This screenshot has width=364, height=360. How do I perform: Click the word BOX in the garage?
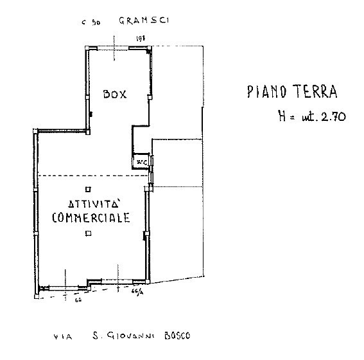[x=116, y=94]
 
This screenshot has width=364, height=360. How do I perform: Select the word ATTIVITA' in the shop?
[x=89, y=203]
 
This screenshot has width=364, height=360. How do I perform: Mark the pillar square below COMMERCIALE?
[x=88, y=234]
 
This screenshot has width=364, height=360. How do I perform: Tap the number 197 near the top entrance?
[x=140, y=39]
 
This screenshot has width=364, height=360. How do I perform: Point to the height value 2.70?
[x=333, y=116]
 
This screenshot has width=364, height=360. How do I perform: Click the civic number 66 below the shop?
[x=78, y=299]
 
